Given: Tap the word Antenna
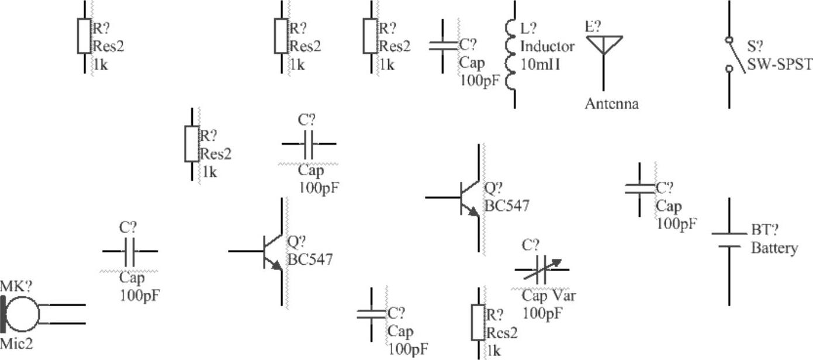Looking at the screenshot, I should [x=612, y=104].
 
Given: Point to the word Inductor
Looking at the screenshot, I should [x=547, y=46].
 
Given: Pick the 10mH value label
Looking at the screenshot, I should [x=540, y=64].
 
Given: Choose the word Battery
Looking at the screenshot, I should [x=774, y=248].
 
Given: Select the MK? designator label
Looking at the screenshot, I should [x=16, y=286].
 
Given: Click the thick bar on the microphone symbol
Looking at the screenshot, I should [x=4, y=314].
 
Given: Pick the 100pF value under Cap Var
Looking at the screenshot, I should [x=542, y=313].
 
